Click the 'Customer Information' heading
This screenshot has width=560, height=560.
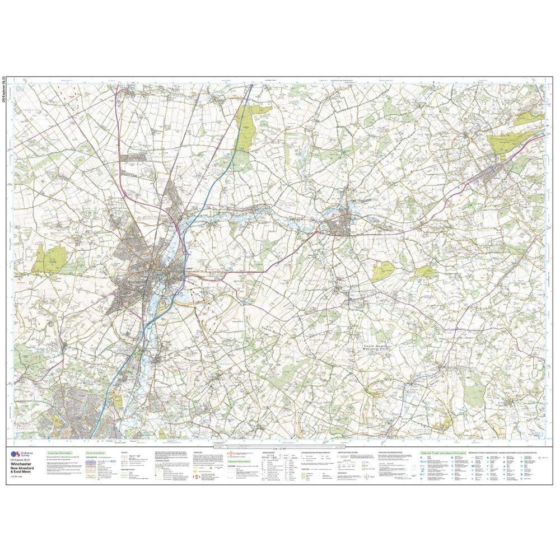[60, 452]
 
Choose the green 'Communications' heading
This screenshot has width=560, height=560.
[96, 452]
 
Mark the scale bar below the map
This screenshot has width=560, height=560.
[280, 446]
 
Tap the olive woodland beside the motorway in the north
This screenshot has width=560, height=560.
[247, 120]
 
